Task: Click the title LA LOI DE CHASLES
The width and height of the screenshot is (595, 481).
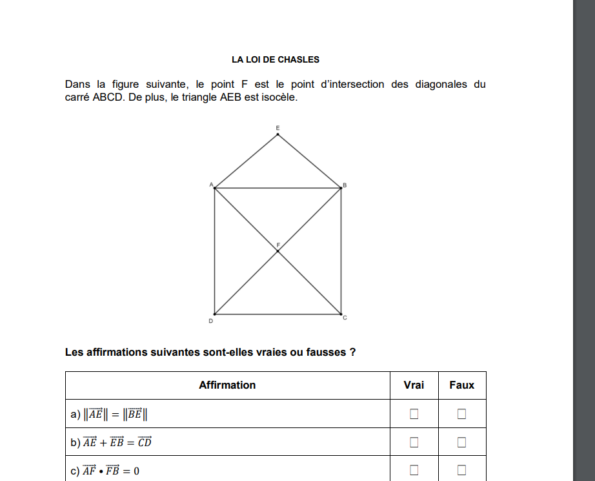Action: [276, 59]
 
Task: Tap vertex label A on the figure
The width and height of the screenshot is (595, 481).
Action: [211, 185]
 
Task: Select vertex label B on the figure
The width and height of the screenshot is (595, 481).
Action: [345, 185]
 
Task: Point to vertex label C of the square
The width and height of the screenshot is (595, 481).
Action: [345, 318]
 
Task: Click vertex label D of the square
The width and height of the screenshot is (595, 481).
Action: [211, 321]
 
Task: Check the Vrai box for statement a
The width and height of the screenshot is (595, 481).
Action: [414, 414]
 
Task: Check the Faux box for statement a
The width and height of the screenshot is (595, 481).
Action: [461, 414]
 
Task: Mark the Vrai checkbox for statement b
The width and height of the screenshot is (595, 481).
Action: [414, 442]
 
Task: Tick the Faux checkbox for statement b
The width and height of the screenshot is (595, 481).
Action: [461, 442]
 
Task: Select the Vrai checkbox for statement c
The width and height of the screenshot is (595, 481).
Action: [414, 471]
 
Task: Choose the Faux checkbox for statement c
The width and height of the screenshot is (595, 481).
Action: [461, 471]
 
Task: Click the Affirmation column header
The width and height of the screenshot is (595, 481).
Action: [227, 385]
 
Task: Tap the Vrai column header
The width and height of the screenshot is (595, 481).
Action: [414, 385]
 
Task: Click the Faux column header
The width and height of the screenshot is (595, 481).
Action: [461, 385]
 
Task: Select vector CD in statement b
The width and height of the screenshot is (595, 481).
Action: [145, 442]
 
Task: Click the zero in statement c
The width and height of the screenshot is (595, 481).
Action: [136, 471]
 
